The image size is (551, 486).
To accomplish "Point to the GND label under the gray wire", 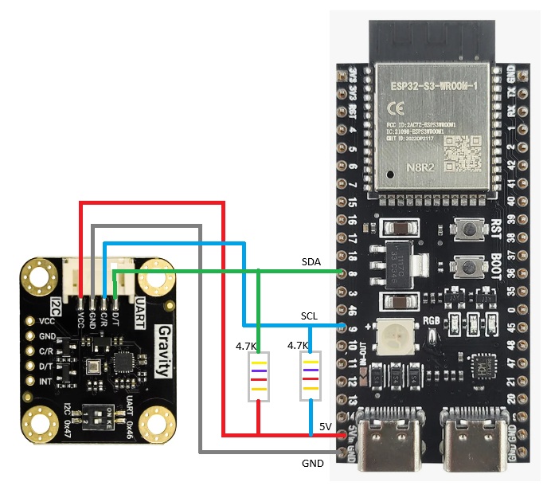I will pos(313,463).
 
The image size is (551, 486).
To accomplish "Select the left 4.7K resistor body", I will pos(258,376).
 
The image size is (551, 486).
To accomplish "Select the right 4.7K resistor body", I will pos(310,376).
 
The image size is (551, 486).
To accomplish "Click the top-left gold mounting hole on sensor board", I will pos(38,276).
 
